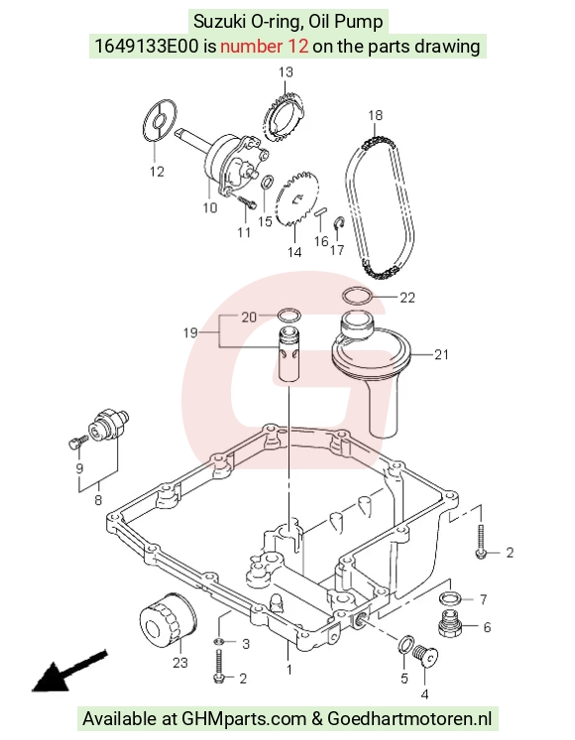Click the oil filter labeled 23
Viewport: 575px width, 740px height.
pos(168,617)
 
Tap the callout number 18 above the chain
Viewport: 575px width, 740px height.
pos(376,115)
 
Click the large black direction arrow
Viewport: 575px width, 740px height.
pos(69,672)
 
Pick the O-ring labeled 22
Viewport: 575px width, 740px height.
pos(357,298)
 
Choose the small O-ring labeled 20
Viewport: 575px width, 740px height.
pos(289,315)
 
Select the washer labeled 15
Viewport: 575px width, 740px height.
pos(267,182)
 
